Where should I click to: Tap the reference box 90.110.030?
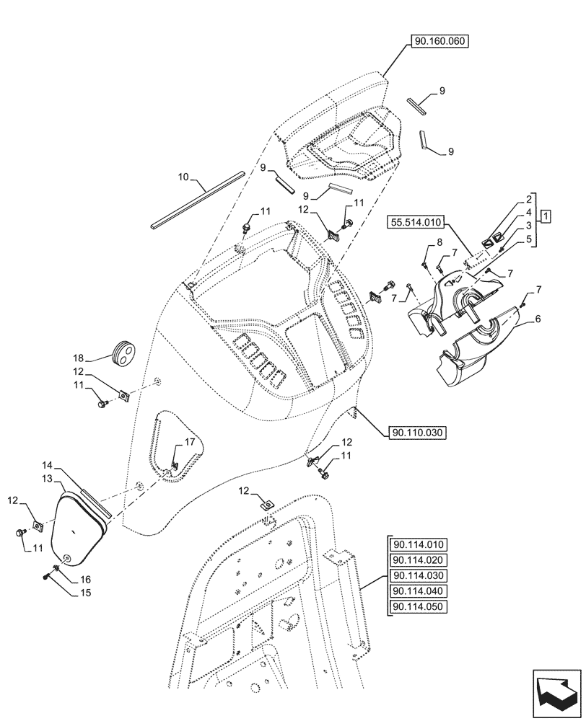tap(418, 433)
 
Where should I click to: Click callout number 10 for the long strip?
tap(183, 175)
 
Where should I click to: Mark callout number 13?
tap(47, 479)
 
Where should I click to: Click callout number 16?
tap(84, 579)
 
